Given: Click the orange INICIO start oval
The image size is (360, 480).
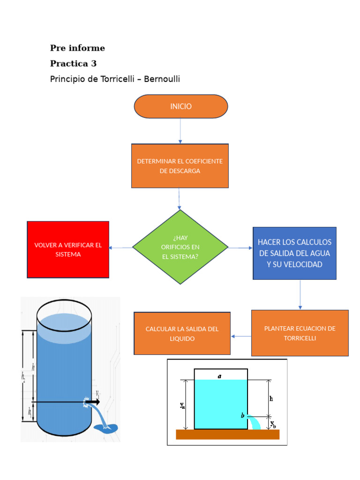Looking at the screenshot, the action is [x=180, y=106].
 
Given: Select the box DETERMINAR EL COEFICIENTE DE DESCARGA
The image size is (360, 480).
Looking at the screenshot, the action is [x=180, y=165].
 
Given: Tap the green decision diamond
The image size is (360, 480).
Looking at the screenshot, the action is [x=180, y=247].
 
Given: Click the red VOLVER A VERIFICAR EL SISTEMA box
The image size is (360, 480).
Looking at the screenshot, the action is [x=68, y=249].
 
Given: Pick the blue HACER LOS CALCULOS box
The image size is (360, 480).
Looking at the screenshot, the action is [x=294, y=253].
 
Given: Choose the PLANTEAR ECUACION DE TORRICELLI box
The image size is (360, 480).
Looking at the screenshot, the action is [x=300, y=333].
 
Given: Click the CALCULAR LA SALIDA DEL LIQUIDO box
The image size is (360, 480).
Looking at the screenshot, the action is [x=182, y=333].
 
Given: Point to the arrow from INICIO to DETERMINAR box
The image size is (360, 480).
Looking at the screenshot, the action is [x=180, y=131].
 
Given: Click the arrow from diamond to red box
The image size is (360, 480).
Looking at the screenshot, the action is [x=120, y=247].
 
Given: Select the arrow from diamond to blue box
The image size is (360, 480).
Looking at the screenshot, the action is [x=240, y=247].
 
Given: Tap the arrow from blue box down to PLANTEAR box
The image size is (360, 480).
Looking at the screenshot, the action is [x=300, y=294].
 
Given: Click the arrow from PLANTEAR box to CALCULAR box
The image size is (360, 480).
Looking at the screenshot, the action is [x=241, y=336].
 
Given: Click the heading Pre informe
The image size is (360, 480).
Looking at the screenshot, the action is [x=77, y=48].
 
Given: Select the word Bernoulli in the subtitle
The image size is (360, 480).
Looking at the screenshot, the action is [x=162, y=79].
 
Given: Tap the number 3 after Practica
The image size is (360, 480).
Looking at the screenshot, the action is [x=94, y=63].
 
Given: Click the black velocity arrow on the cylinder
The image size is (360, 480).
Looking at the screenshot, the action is [x=92, y=402].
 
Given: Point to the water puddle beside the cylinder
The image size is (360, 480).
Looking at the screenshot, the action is [x=105, y=428].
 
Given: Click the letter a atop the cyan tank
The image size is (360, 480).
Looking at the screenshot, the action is [x=219, y=376].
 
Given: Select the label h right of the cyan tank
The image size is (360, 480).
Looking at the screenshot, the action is [x=271, y=398].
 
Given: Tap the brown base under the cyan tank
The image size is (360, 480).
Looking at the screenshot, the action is [x=228, y=435].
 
